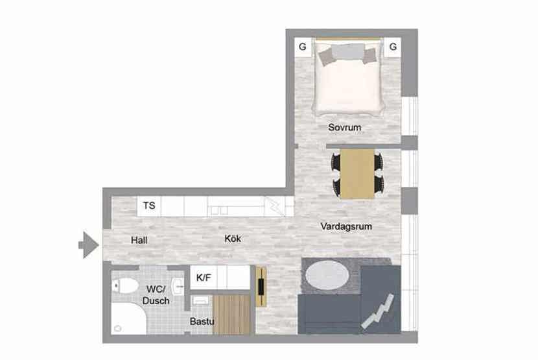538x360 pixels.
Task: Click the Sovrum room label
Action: click(x=344, y=127)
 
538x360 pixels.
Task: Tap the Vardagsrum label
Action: click(x=346, y=226)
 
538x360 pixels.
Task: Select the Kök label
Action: click(x=233, y=239)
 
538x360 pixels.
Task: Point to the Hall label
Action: click(x=139, y=240)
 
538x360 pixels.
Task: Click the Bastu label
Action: click(x=202, y=322)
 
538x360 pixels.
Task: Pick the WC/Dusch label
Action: click(x=156, y=294)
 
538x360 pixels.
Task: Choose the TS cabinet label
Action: click(x=149, y=206)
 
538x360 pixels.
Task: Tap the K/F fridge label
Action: click(x=204, y=277)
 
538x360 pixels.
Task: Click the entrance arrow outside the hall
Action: click(x=89, y=245)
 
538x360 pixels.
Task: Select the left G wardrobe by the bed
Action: click(x=303, y=47)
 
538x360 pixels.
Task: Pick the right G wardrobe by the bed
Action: click(x=393, y=47)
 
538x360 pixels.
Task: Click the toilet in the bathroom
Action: click(x=125, y=285)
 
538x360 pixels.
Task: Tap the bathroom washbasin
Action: click(x=178, y=286)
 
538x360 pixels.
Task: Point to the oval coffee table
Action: click(x=327, y=275)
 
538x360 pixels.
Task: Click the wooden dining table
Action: click(x=357, y=174)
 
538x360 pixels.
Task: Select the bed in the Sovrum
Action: click(x=348, y=77)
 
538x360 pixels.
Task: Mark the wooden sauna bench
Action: click(x=231, y=315)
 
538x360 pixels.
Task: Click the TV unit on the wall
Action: click(x=261, y=287)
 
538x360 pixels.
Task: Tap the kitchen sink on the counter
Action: click(x=220, y=210)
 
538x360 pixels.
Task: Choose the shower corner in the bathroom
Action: click(x=128, y=318)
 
